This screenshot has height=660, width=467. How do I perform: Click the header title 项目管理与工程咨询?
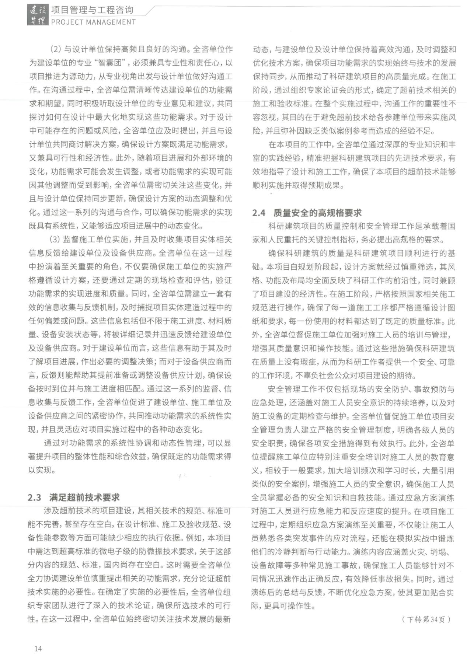93,10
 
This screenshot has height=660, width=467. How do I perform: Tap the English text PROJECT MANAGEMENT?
93,22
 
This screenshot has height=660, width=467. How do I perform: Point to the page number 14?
38,649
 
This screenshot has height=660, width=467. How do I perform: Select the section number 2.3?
34,497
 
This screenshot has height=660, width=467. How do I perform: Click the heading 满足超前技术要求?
84,497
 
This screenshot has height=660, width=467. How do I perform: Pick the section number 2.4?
259,213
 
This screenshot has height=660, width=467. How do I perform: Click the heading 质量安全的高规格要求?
317,213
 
